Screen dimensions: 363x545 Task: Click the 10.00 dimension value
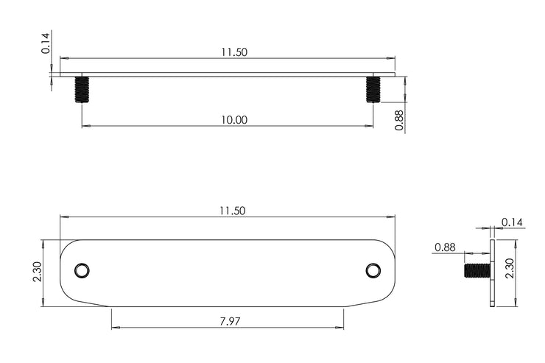[233, 119]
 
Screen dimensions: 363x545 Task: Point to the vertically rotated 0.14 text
[46, 43]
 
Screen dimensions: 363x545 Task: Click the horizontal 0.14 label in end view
[512, 222]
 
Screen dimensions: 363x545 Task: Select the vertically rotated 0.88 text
[399, 120]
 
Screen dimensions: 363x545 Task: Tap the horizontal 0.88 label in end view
[445, 247]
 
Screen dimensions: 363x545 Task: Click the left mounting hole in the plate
[82, 270]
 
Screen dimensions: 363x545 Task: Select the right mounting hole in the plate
[373, 270]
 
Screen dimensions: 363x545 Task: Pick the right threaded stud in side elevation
[372, 89]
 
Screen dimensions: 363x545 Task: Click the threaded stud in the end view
[476, 271]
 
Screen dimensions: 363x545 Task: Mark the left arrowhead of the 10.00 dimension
[84, 127]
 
